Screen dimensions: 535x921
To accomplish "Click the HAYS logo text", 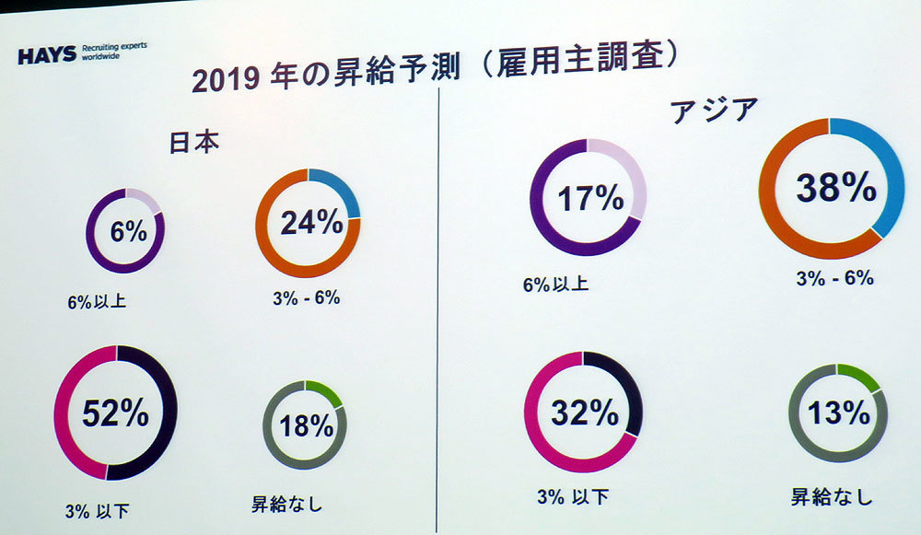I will [47, 55].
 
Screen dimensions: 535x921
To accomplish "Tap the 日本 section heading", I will [194, 143].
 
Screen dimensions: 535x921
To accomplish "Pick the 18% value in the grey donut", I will [308, 425].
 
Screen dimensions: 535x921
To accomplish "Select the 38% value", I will [835, 189].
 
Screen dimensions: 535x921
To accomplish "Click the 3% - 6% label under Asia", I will [834, 277].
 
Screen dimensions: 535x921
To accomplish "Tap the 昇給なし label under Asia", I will [831, 498].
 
